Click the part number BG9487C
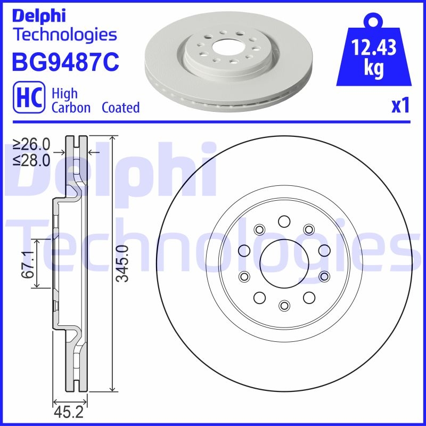64,62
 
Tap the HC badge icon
28,100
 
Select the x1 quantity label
400,106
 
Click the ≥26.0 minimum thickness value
31,144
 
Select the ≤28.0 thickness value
31,159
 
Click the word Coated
120,108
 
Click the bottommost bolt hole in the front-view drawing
283,305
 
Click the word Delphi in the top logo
38,16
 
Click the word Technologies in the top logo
64,35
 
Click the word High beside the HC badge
64,94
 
